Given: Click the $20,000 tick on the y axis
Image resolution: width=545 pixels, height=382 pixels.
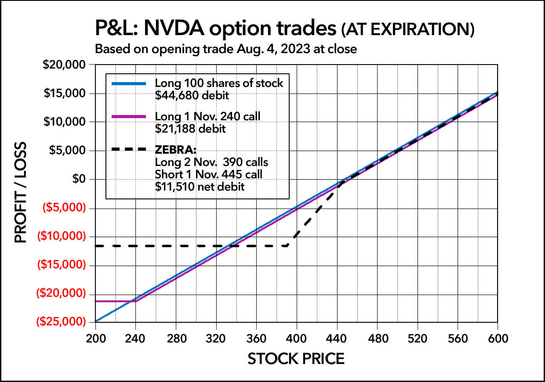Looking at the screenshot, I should (65, 65).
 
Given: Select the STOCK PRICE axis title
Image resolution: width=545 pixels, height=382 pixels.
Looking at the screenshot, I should (296, 359).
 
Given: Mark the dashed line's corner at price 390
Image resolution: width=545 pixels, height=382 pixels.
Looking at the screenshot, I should (287, 245).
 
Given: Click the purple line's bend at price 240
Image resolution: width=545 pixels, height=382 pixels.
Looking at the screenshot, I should (135, 301).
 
